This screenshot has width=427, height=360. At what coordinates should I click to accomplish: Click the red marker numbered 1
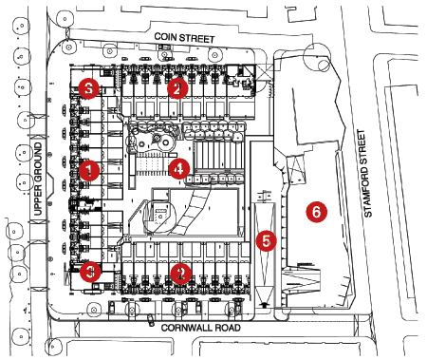[89, 171]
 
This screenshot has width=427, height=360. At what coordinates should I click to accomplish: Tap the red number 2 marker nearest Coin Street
[177, 88]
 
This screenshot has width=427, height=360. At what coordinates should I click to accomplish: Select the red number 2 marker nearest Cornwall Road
[181, 274]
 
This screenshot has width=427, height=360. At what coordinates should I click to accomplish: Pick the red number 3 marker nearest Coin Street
[89, 88]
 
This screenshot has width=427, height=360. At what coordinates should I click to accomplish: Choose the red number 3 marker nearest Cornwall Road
[90, 272]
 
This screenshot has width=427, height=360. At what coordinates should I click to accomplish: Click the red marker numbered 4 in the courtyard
[179, 169]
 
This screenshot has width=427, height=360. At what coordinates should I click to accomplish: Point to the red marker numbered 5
[267, 241]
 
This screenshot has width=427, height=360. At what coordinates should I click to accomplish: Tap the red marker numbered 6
[317, 212]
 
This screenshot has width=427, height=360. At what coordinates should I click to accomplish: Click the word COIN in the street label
[164, 37]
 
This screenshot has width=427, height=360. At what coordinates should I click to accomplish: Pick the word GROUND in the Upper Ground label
[38, 163]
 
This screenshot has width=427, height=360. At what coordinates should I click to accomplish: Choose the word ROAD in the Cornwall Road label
[227, 328]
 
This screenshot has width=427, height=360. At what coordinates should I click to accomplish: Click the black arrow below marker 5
[265, 305]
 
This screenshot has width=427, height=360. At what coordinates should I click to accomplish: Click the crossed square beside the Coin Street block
[265, 72]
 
